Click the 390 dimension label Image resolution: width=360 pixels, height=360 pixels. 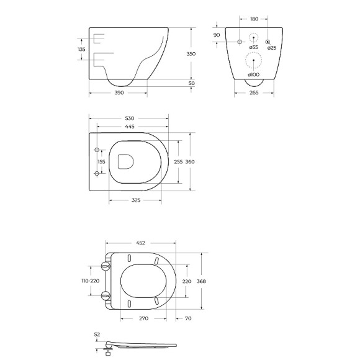point(119,92)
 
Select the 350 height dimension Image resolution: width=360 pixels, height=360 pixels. point(191,54)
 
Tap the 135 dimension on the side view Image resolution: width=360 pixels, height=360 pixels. point(82,50)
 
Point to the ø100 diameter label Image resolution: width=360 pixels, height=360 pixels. point(253,74)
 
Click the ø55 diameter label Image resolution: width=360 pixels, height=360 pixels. point(254,47)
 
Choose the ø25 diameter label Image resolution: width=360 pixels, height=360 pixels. point(272,48)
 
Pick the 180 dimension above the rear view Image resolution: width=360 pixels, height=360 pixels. point(254,19)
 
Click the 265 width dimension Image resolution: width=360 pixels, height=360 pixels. point(254,92)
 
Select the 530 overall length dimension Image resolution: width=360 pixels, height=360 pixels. point(130,119)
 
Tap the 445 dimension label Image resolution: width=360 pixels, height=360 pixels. point(130,127)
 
